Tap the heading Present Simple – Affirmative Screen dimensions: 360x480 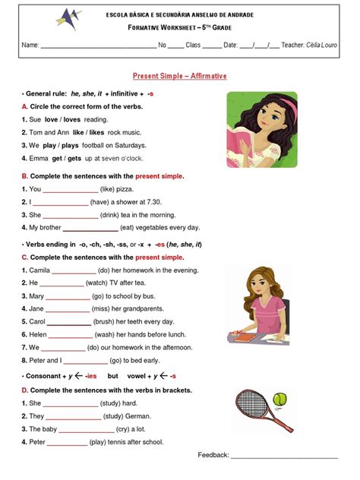[x=180, y=77]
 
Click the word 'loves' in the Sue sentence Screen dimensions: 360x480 [x=71, y=119]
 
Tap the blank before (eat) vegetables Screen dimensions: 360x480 [x=90, y=227]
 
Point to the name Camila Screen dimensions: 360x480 [x=39, y=270]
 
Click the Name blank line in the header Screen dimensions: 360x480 [x=98, y=46]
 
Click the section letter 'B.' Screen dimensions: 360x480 [x=25, y=175]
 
